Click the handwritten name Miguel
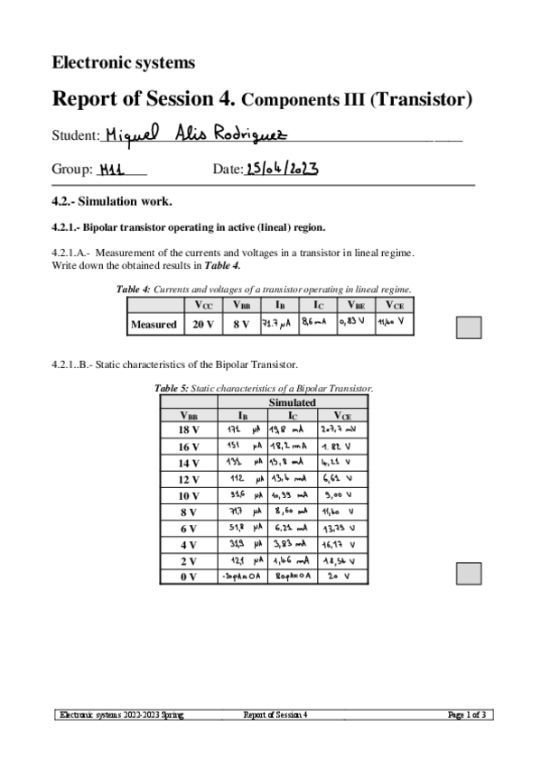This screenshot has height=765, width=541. pos(131,134)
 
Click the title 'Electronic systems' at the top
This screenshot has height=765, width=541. pos(123,62)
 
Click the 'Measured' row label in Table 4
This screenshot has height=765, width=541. pos(154,324)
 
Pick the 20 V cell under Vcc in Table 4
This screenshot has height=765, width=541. pos(204,324)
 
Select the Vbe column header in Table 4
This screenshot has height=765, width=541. pos(356,305)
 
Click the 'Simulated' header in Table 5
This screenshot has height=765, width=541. pos(292,401)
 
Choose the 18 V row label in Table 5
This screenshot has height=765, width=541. pos(188,430)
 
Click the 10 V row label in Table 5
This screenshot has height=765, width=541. pos(188,495)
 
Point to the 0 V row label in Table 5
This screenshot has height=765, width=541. pos(188,576)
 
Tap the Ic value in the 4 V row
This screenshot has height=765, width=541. pos(290,544)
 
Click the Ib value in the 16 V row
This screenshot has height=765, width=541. pos(243,447)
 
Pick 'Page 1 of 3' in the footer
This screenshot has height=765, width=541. pos(468,714)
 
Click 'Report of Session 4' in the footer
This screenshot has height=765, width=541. pos(275,714)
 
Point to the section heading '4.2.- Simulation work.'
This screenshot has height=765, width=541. pos(112,200)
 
